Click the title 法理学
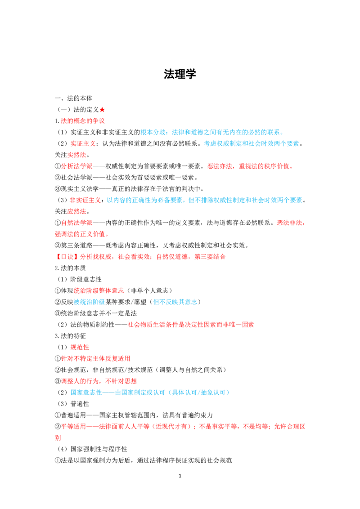[180, 74]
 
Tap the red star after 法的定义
[102, 110]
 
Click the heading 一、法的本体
[73, 98]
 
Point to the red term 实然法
[76, 155]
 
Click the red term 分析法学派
[76, 166]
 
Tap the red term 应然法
[76, 211]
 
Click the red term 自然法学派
[76, 223]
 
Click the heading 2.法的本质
[70, 268]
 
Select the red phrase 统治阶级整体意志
[99, 290]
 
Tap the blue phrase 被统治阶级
[90, 302]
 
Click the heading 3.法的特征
[70, 336]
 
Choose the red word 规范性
[80, 347]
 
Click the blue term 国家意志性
[86, 393]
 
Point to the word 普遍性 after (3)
[80, 404]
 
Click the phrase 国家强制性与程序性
[99, 449]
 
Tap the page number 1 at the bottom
[180, 476]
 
